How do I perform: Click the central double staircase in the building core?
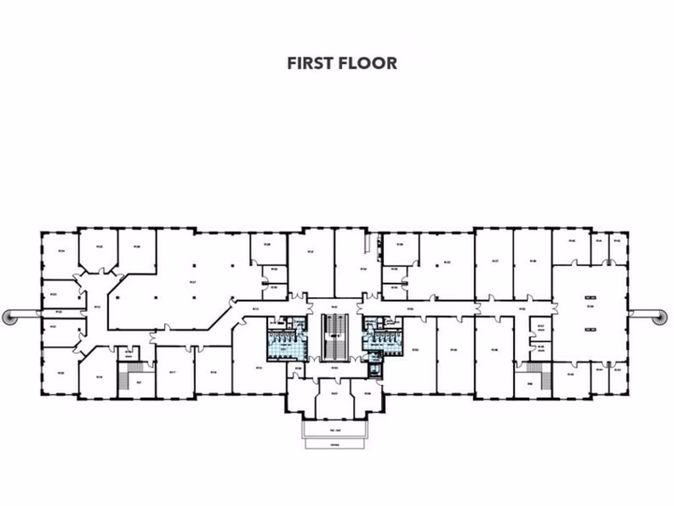click(334, 335)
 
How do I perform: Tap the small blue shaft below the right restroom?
click(375, 368)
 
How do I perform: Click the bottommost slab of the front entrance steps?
click(335, 444)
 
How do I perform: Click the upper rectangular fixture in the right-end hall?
click(590, 296)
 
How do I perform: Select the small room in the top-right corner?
click(618, 246)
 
